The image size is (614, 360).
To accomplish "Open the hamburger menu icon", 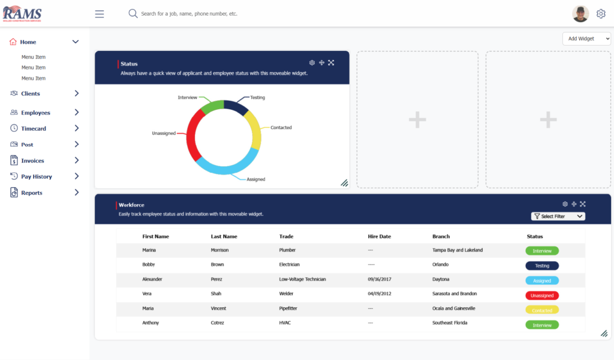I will point(100,14).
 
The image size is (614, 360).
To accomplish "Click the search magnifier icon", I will point(133,13).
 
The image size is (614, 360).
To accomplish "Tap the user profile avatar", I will point(580,14).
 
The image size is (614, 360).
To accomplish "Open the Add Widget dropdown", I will point(586,38).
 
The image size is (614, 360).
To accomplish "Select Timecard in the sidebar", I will point(34,128).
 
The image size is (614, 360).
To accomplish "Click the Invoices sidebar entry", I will point(32,161).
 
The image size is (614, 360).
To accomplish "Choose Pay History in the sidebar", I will point(37,176).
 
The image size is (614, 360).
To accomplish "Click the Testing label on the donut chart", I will point(257,97).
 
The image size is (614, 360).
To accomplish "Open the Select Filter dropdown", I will point(558,216).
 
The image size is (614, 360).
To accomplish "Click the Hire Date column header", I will point(379,236).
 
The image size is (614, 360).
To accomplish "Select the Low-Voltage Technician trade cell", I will point(303,280).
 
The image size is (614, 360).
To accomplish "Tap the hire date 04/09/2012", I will point(380,294).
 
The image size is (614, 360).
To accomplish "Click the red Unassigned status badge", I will point(542,295).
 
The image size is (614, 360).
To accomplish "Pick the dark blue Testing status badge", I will point(542,266).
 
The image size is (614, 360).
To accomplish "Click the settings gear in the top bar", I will point(601,14).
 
